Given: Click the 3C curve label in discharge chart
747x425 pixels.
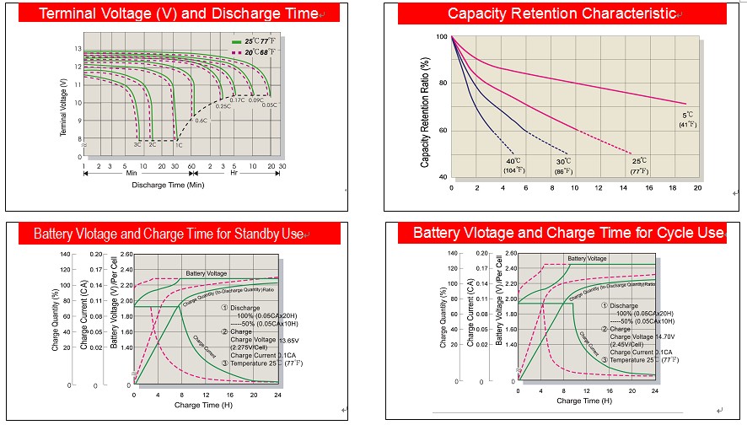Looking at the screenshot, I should (x=137, y=145).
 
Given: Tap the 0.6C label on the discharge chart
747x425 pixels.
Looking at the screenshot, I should (x=202, y=121).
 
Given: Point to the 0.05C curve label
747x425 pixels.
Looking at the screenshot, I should (x=269, y=105).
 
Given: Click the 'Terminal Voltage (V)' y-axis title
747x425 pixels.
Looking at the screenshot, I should (x=64, y=108).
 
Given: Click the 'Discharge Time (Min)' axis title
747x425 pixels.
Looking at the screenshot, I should (x=169, y=184).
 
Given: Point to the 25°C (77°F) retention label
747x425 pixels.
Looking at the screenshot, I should (x=639, y=165).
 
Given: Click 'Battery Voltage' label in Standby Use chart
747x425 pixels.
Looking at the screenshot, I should (x=207, y=274).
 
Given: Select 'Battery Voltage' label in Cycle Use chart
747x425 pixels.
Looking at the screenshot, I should (x=587, y=258).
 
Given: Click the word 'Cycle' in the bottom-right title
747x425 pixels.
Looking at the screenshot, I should (x=674, y=232).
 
